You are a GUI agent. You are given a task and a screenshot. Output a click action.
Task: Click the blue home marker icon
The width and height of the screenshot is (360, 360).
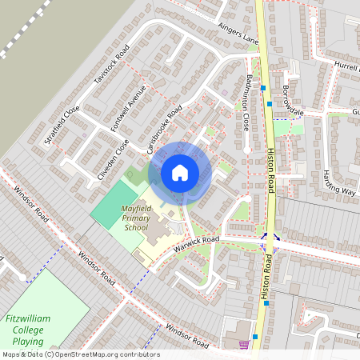click(x=180, y=172)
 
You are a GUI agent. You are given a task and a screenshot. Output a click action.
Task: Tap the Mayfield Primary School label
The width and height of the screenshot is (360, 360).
click(x=135, y=218)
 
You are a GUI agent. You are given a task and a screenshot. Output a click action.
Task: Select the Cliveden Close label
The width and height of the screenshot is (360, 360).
click(x=113, y=158)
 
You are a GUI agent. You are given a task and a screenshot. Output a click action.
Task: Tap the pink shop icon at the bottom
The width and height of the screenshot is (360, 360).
click(x=243, y=345)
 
